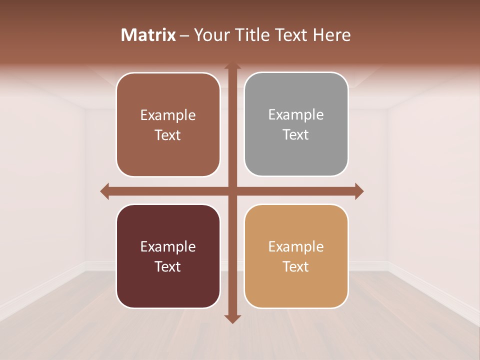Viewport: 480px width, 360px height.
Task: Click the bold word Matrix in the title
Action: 148,35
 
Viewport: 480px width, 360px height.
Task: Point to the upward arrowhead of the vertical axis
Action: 232,66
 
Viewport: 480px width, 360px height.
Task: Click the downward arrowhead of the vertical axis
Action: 232,319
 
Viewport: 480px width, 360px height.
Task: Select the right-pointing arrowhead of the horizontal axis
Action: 359,191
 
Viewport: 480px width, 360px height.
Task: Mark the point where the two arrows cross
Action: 232,191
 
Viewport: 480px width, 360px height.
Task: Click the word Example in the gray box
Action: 296,115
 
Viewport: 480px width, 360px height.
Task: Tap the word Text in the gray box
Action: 296,135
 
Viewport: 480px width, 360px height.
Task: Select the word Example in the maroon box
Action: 168,247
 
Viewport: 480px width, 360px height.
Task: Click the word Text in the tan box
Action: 296,267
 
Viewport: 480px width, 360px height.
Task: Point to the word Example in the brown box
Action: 168,115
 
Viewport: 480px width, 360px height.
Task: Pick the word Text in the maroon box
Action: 168,267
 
